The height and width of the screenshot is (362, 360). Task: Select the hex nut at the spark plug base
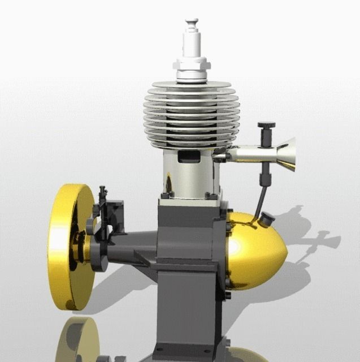(x=193, y=74)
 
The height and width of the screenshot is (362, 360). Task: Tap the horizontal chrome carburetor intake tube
(x=251, y=153)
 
